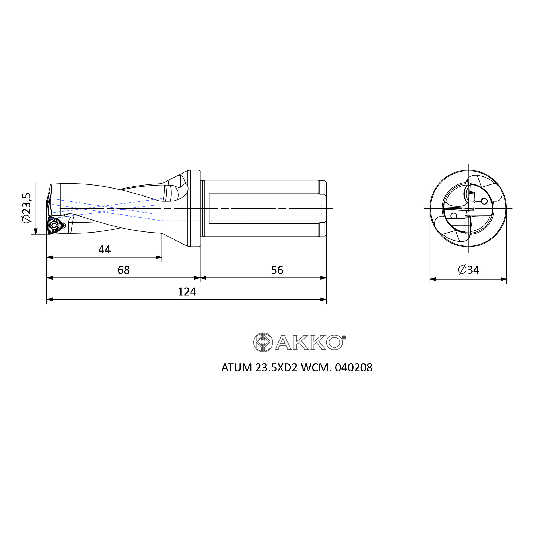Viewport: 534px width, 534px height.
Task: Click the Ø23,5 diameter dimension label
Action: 27,207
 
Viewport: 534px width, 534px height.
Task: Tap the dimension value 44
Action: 104,250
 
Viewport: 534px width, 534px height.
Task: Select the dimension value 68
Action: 124,270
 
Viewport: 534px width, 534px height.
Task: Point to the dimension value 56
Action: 277,270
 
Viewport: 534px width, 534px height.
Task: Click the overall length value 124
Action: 187,292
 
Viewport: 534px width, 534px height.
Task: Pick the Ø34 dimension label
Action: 469,270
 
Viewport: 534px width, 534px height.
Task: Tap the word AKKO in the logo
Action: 309,343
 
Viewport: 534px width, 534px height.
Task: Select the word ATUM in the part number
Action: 237,368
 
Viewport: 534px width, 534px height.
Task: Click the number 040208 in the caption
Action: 354,368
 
